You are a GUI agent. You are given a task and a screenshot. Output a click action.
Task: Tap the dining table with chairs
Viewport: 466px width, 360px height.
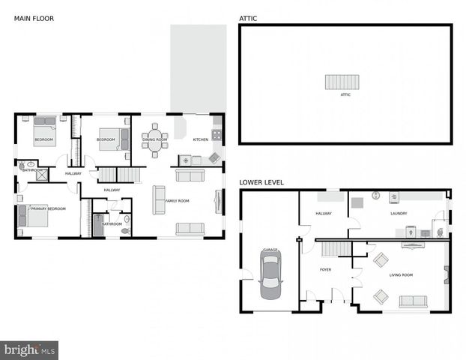tap(155, 139)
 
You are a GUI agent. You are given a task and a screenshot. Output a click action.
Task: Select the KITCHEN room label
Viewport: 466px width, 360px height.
tap(201, 139)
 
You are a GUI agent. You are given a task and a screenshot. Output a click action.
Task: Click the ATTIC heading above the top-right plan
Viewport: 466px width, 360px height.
tap(247, 17)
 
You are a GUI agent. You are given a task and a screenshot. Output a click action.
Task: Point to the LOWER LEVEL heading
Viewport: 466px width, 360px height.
tap(261, 182)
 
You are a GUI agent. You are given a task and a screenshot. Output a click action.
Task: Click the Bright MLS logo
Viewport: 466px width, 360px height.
tap(30, 349)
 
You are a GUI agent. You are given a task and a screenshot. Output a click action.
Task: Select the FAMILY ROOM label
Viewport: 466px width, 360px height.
tap(177, 200)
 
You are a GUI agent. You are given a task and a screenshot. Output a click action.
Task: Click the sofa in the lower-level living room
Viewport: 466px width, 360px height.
tap(413, 301)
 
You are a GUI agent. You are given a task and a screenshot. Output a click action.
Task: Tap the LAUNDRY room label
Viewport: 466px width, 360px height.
tap(399, 214)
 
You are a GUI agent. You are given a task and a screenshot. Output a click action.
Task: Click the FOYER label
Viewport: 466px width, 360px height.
tap(325, 268)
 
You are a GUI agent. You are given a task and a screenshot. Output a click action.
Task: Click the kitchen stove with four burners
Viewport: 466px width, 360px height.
tap(217, 136)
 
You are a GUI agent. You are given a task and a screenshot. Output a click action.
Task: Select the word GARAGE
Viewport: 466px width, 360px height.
tap(270, 249)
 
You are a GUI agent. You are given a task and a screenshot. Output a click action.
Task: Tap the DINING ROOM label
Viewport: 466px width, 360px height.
tap(155, 139)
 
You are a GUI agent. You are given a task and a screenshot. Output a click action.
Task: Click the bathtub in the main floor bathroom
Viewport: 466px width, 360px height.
tap(97, 224)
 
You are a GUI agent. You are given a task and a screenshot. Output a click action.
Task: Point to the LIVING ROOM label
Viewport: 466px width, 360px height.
tap(402, 275)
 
